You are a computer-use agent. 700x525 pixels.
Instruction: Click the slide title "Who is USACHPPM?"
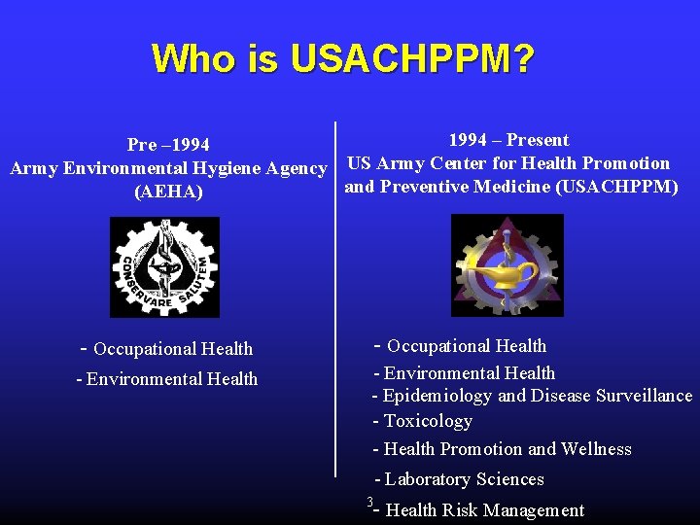[342, 58]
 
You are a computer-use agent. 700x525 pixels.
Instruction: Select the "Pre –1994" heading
[168, 145]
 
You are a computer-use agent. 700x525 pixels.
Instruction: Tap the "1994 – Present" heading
[508, 140]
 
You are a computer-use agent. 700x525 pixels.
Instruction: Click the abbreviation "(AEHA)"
[168, 192]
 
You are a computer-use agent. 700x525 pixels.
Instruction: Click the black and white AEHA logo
[164, 266]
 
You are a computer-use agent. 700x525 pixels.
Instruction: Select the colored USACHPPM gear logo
[507, 265]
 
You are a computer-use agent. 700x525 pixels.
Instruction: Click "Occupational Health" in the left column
[173, 349]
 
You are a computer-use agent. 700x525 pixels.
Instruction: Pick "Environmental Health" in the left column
[172, 379]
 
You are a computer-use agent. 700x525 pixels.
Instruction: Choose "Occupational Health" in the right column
[467, 346]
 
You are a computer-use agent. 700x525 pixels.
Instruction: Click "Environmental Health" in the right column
[470, 373]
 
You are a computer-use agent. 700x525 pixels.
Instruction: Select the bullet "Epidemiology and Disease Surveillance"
[537, 396]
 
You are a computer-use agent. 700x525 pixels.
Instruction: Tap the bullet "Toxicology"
[428, 421]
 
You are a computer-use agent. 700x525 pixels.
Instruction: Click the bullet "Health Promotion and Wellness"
[507, 449]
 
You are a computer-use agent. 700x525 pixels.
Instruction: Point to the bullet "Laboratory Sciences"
[464, 479]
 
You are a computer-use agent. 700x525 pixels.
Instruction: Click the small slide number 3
[369, 502]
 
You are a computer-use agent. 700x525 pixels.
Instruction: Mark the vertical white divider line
[335, 292]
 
